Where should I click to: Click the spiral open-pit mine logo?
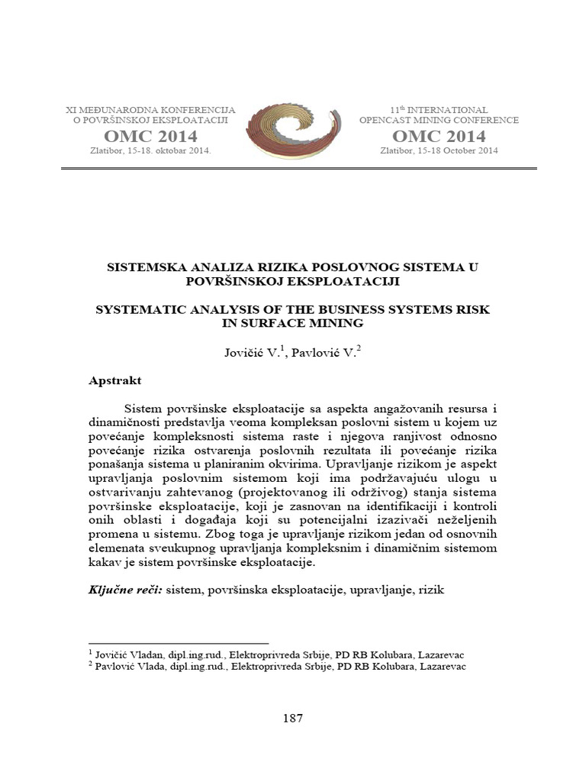294,131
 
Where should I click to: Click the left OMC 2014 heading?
150,137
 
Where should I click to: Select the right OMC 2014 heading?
439,137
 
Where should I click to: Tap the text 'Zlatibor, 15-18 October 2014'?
439,150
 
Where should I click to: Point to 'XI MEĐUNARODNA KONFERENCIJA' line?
151,110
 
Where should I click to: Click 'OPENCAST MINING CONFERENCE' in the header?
439,121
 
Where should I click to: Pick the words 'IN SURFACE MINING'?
292,322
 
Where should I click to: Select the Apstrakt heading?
114,380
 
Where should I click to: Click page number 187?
292,718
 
